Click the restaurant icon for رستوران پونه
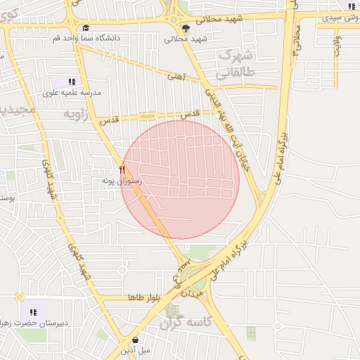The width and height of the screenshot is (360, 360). pyautogui.click(x=122, y=169)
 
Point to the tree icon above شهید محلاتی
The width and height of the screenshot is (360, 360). pyautogui.click(x=186, y=28)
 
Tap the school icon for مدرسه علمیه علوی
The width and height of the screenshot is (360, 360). pyautogui.click(x=72, y=82)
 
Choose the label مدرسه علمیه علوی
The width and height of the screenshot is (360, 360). pyautogui.click(x=72, y=93)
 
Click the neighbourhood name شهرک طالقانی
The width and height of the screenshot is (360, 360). pyautogui.click(x=236, y=63)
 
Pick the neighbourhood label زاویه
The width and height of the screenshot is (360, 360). pyautogui.click(x=78, y=114)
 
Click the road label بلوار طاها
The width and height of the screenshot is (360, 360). pyautogui.click(x=146, y=298)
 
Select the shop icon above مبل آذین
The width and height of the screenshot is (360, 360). pyautogui.click(x=134, y=340)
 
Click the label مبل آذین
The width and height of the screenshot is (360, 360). pyautogui.click(x=135, y=350)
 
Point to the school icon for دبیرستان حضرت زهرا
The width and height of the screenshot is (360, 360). pyautogui.click(x=32, y=312)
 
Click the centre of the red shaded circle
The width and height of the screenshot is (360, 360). pyautogui.click(x=181, y=179)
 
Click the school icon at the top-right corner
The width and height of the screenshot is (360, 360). pyautogui.click(x=350, y=6)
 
